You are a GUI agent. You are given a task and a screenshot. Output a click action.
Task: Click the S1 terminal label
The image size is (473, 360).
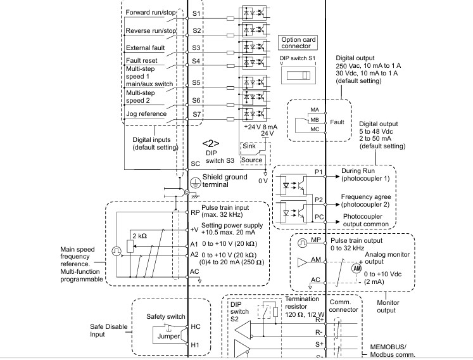pos(196,13)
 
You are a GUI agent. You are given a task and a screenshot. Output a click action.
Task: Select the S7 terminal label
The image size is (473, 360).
pos(197,114)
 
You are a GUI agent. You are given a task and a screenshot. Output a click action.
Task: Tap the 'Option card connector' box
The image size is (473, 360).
pos(298,42)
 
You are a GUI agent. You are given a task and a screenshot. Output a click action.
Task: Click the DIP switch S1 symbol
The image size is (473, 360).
pos(298,75)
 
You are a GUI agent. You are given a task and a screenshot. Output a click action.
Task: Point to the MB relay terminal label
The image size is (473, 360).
pos(315,120)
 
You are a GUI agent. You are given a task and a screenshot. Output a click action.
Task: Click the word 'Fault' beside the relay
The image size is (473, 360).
pos(337,122)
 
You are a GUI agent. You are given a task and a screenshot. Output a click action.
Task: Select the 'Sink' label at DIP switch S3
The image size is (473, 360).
pos(249,146)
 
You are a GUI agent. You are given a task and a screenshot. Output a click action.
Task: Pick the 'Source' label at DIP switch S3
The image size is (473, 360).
pos(251,160)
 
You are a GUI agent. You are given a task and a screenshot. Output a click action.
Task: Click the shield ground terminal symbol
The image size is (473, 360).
pos(196,183)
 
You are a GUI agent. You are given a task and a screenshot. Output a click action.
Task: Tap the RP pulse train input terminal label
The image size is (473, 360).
pos(195,212)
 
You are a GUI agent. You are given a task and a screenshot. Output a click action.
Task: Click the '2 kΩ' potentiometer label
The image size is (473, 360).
pos(140,236)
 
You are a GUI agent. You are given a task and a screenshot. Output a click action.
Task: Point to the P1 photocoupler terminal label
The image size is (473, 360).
pos(318,172)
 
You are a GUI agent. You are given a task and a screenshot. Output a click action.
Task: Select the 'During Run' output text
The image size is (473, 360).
pos(358,170)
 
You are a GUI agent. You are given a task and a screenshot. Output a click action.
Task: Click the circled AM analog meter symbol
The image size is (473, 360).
pos(357,268)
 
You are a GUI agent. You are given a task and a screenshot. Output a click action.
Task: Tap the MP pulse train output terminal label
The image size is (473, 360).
pos(316,240)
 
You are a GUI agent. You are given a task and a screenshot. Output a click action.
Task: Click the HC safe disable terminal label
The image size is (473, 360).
pos(196,327)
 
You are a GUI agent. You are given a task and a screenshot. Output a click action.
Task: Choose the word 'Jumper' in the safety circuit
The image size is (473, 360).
pos(168,336)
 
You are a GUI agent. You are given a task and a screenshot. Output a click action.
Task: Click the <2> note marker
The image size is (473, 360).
pos(211,143)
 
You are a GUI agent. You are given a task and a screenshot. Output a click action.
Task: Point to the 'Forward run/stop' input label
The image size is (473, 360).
pos(151,13)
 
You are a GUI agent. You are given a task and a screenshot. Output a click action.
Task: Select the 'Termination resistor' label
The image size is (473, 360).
pos(302,302)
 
